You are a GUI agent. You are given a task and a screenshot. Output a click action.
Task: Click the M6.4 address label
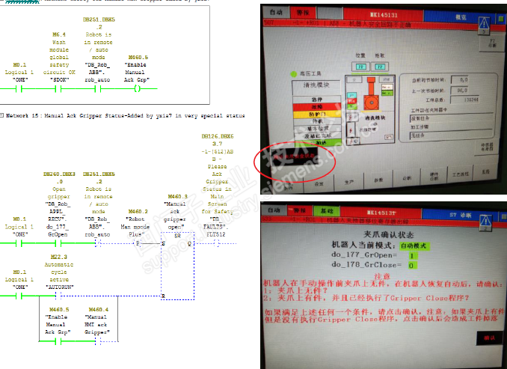(x=59, y=34)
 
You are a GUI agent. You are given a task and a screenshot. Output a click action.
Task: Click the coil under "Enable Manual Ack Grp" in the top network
(x=137, y=88)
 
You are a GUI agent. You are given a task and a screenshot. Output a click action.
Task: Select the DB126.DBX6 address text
(x=218, y=137)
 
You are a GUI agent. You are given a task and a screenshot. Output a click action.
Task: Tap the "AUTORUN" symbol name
(x=59, y=287)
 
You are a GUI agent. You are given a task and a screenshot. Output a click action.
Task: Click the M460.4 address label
(x=98, y=308)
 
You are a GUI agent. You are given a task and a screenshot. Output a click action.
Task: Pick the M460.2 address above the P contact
(x=138, y=211)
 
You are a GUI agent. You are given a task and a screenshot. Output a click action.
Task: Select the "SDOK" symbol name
(x=59, y=77)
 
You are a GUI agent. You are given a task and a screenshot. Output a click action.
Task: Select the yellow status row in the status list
(x=322, y=113)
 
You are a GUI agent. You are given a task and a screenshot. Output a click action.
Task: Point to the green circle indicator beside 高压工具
(x=294, y=75)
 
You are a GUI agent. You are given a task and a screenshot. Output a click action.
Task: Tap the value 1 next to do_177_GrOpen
(x=411, y=256)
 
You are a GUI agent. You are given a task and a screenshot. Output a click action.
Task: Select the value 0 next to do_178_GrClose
(x=411, y=265)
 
